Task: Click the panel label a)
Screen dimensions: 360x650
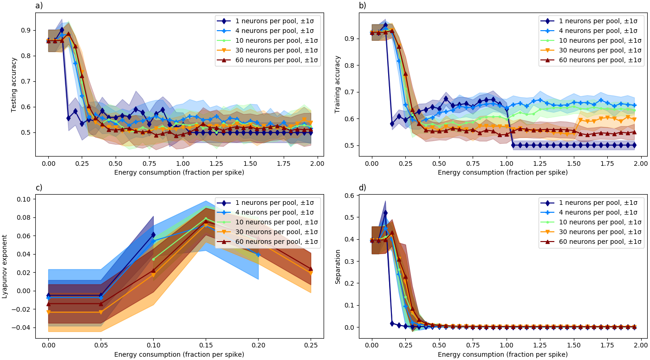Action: tap(39, 6)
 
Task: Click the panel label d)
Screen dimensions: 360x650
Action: tap(363, 188)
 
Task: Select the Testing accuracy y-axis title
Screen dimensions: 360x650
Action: tap(14, 85)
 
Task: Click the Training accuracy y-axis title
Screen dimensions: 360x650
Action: tap(338, 85)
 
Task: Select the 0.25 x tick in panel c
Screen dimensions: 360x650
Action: tap(311, 345)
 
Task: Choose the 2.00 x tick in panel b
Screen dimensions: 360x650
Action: tap(641, 164)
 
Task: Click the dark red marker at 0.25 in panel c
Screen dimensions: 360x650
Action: tap(311, 268)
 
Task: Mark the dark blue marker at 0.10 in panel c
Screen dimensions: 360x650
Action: tap(153, 235)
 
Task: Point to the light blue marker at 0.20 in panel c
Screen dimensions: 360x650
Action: tap(258, 255)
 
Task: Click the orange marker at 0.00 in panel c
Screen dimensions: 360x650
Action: tap(48, 312)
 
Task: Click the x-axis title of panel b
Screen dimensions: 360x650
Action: tap(502, 172)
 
